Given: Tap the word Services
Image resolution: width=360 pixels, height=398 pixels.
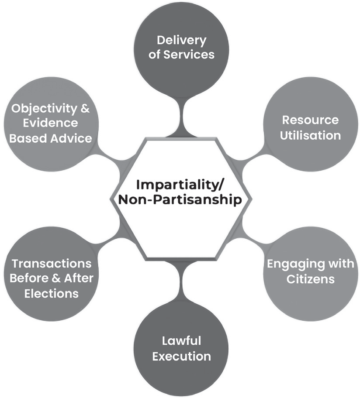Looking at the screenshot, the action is [189, 55].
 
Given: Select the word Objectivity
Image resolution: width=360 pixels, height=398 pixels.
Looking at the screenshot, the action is [44, 109].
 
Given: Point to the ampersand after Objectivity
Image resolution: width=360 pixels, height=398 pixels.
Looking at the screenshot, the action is [85, 108].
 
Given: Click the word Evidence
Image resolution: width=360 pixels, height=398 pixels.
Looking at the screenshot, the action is [50, 123].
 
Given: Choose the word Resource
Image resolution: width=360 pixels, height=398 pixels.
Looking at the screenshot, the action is [310, 120].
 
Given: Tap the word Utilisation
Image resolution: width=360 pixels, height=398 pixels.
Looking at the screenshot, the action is [310, 135].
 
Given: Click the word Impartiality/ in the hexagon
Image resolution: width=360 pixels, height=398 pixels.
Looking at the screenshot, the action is [180, 185].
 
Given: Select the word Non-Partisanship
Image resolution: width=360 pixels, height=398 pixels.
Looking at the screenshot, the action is [180, 200].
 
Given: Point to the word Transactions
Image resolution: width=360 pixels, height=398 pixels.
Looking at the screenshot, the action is [51, 264].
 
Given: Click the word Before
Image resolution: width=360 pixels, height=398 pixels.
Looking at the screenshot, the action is [29, 278].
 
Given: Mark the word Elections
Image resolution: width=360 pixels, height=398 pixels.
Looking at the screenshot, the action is [51, 294].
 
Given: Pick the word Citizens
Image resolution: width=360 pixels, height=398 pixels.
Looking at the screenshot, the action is [311, 279].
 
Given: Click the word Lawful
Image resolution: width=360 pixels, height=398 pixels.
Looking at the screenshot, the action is [181, 341].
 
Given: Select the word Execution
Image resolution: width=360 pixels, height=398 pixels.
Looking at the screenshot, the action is [181, 357].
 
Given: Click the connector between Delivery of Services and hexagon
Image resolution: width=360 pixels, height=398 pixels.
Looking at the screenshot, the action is [181, 117].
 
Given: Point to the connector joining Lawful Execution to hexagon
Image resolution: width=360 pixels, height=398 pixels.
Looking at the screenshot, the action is [181, 281].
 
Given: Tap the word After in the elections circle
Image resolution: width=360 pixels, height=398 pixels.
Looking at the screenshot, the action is [79, 278].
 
